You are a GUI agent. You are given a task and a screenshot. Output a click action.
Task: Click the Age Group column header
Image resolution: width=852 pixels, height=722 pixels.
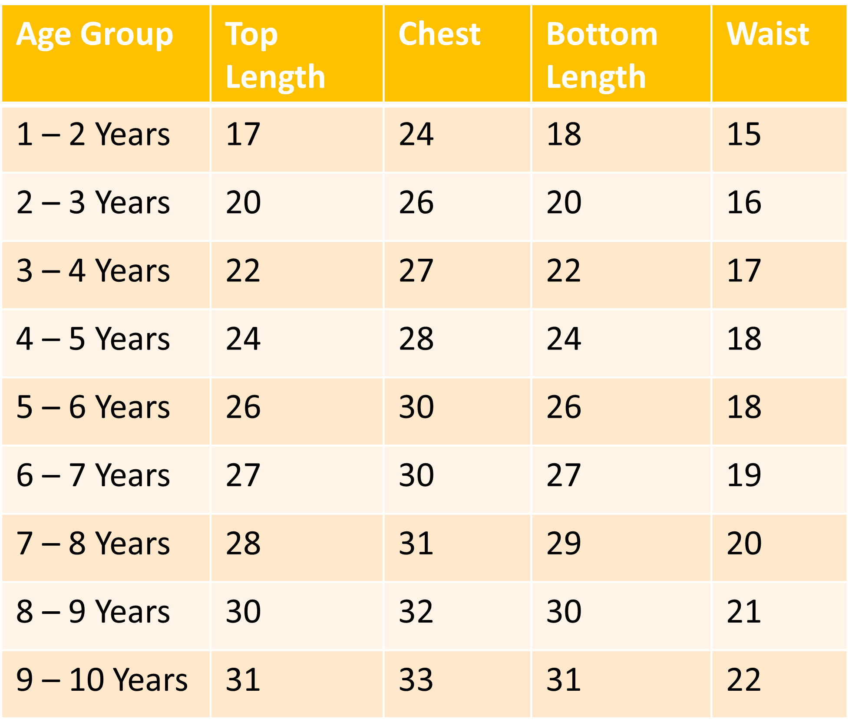(95, 35)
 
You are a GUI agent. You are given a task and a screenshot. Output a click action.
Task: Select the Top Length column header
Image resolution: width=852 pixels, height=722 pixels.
(275, 55)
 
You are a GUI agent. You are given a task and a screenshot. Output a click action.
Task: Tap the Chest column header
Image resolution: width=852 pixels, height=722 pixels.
(439, 35)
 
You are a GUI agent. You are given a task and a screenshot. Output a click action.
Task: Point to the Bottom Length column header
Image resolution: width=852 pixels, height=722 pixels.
(601, 55)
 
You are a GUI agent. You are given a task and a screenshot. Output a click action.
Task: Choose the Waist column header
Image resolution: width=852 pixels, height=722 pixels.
(767, 35)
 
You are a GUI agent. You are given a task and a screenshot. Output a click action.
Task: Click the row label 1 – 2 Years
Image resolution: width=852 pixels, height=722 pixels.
(93, 134)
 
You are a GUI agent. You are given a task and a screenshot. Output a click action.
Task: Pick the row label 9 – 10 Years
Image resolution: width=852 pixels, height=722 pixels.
(102, 679)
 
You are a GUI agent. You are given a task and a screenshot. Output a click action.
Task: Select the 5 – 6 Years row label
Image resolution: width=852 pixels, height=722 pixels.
(93, 407)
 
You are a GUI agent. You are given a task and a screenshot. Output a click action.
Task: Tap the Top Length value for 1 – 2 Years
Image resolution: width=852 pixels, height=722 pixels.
(243, 134)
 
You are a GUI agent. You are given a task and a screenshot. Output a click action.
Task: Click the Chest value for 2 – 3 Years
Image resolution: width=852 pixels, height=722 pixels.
(416, 202)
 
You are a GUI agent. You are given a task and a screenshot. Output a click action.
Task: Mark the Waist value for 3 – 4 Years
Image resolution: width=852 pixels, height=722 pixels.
(743, 270)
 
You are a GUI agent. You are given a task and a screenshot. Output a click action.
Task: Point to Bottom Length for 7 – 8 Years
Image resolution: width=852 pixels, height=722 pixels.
(563, 543)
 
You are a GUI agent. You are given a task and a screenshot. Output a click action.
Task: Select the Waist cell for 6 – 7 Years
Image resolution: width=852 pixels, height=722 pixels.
(743, 475)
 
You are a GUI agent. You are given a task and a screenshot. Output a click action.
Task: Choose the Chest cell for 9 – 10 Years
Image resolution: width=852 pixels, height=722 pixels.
(416, 679)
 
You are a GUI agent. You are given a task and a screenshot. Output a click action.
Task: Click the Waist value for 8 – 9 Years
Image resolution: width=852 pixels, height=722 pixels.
(743, 611)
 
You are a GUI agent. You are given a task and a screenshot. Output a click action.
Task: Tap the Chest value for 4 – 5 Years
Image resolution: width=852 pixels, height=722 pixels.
(416, 339)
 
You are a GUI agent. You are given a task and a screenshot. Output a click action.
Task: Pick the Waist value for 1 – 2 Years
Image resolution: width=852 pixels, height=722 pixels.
(743, 134)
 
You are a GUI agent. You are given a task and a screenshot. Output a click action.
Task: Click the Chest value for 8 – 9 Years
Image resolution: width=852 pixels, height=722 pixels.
(416, 611)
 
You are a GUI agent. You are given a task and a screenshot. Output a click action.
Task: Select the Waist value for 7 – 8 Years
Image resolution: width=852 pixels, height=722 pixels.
(743, 543)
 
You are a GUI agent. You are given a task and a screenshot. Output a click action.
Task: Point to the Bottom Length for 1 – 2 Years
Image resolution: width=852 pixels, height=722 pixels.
(563, 134)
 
